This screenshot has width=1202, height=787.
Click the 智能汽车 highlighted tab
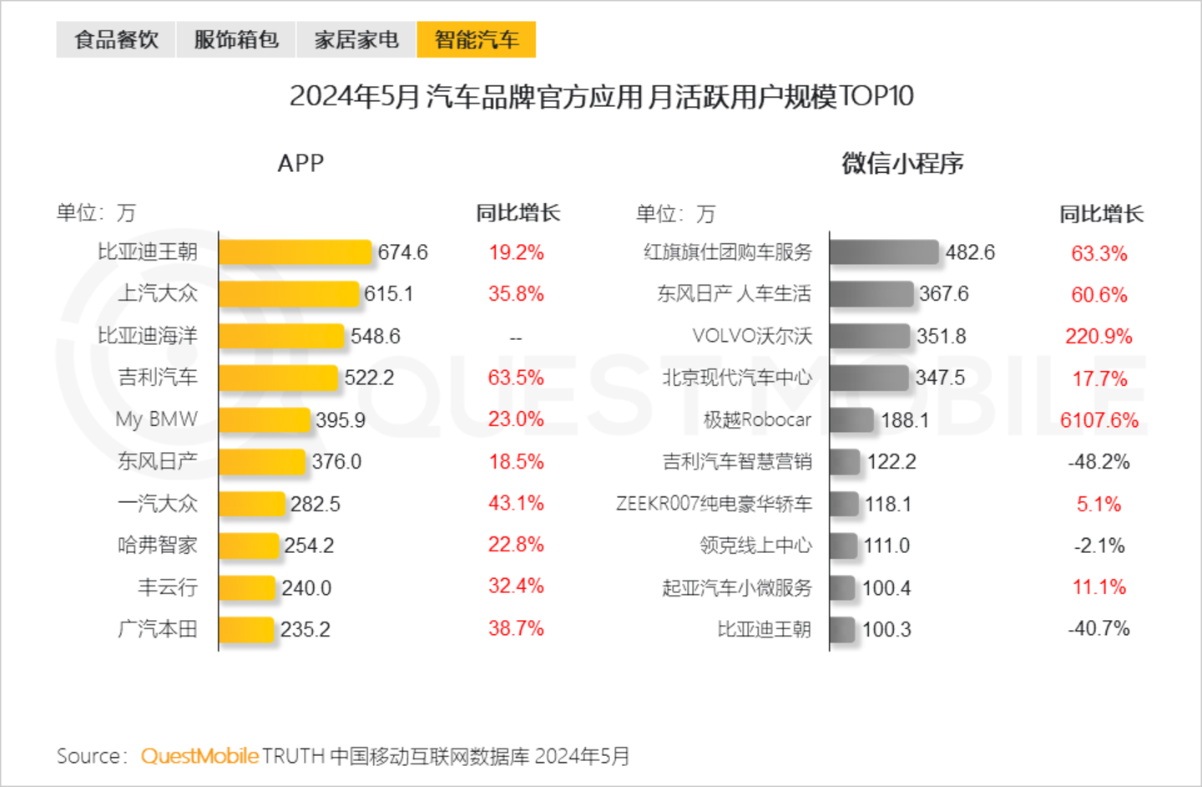coord(476,39)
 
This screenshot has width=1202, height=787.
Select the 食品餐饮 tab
coord(116,39)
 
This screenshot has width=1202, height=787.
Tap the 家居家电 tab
coord(356,39)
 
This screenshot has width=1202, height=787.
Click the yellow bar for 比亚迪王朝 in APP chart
coord(295,252)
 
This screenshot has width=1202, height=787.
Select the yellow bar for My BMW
coord(265,419)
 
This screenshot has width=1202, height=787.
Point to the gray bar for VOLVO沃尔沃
coord(869,336)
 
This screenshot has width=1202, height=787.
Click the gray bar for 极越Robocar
coord(851,419)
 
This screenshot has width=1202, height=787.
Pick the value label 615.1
coord(388,294)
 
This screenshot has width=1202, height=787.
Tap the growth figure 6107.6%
coord(1098,420)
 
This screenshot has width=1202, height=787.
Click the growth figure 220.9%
coord(1098,337)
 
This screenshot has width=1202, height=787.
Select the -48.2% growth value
coord(1098,462)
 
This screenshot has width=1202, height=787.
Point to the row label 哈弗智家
coord(158,546)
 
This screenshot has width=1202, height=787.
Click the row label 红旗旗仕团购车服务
coord(727,252)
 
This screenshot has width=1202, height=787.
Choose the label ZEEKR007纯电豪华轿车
coord(714,504)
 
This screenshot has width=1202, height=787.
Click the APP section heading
coord(300,163)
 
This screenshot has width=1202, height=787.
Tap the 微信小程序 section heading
coord(902,163)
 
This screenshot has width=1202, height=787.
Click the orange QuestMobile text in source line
coord(199,756)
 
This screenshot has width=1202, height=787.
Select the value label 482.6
coord(970,252)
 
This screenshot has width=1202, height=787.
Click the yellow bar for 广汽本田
coord(246,629)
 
